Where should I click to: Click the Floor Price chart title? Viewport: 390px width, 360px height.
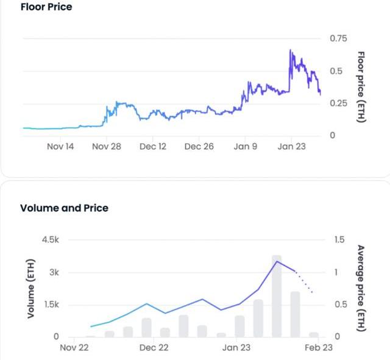[x=46, y=7]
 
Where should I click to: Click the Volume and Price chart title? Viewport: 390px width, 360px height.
[x=65, y=208]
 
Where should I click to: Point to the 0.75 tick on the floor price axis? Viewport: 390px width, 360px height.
[x=338, y=38]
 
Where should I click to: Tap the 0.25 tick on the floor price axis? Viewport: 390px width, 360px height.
[x=338, y=103]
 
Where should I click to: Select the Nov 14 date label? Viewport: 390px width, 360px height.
[x=60, y=147]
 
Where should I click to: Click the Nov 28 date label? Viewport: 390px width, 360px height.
[x=107, y=147]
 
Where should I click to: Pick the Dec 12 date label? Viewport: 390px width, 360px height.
[x=153, y=147]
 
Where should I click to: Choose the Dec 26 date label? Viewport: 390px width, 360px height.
[x=199, y=147]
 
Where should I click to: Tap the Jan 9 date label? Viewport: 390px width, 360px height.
[x=245, y=147]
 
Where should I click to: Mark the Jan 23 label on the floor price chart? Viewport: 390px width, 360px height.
[x=291, y=147]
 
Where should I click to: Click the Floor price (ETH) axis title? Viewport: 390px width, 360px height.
[x=360, y=86]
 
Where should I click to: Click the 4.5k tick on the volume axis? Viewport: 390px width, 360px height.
[x=51, y=240]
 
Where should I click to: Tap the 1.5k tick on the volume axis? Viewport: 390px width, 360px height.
[x=51, y=305]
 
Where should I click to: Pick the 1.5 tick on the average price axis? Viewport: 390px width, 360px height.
[x=339, y=240]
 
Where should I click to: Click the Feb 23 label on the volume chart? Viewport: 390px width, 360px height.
[x=319, y=348]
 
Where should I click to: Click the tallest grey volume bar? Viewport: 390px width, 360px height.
[x=277, y=296]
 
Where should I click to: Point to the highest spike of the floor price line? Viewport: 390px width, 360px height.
[x=291, y=50]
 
